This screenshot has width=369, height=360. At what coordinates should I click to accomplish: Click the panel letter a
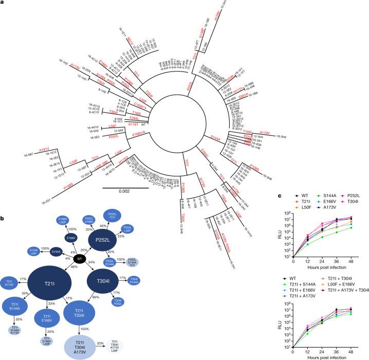pyautogui.click(x=4, y=3)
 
